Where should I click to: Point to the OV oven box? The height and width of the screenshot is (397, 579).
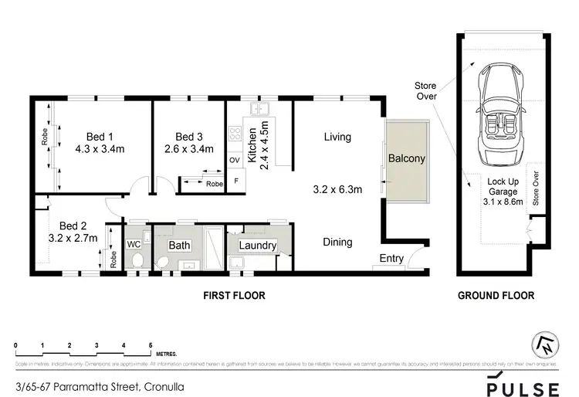(x=235, y=160)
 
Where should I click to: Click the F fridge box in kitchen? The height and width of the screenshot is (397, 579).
(x=235, y=181)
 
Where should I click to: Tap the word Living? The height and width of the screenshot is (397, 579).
(x=337, y=137)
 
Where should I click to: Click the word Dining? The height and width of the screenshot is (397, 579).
(x=337, y=242)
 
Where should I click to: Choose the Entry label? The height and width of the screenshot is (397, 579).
(x=391, y=258)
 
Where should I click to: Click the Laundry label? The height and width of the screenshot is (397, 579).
(x=257, y=246)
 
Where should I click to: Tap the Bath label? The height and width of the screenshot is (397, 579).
(x=179, y=245)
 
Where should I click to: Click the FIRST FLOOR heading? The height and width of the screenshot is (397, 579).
(x=234, y=296)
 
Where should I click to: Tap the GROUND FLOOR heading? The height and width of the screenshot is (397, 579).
(x=495, y=296)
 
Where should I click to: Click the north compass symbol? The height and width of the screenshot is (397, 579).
(x=545, y=345)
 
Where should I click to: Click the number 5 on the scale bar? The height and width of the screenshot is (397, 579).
(x=150, y=345)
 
